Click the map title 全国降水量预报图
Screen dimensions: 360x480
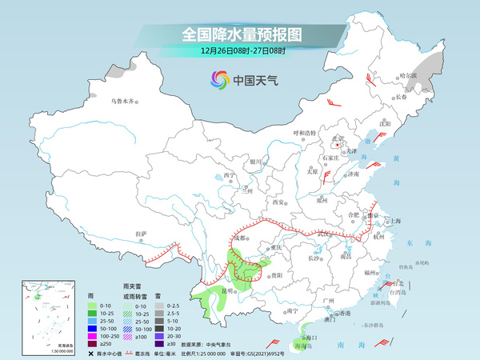[241, 34]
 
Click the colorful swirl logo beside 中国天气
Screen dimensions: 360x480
[218, 79]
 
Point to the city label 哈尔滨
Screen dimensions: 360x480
[409, 76]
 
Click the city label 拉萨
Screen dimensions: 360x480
[142, 234]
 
